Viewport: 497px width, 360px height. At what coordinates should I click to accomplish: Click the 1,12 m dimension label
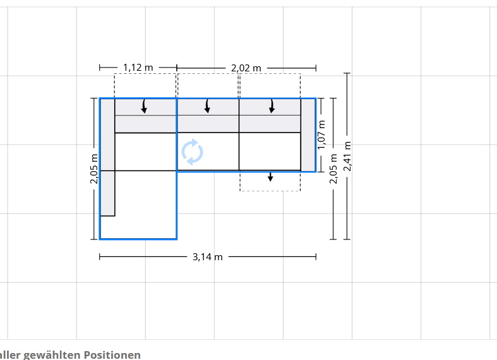point(138,68)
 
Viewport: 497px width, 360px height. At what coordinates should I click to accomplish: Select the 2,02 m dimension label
point(246,68)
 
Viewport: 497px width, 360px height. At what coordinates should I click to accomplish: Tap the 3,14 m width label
point(208,256)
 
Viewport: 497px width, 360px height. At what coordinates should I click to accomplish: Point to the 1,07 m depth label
point(321,135)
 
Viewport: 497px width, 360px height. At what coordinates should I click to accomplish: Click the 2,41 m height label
point(347,156)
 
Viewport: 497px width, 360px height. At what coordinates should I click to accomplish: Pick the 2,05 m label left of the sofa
point(94,169)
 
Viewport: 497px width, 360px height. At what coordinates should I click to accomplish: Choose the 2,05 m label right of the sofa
point(333,169)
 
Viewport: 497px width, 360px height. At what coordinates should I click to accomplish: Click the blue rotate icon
point(193,152)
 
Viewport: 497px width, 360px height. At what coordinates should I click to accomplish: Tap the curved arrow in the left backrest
point(144,106)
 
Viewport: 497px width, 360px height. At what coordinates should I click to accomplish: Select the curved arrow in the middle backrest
point(207,106)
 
